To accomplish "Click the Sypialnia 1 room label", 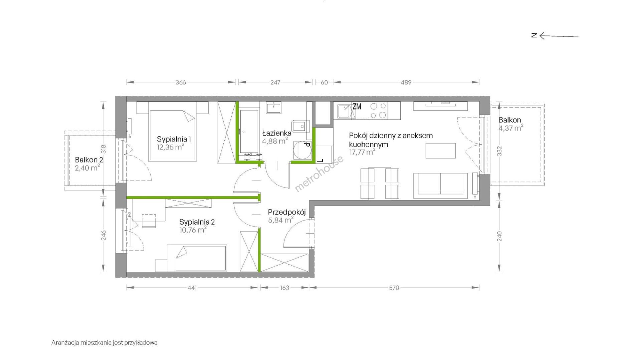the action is click(174, 139).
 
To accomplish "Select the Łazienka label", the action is click(276, 133).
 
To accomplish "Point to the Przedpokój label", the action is click(287, 212).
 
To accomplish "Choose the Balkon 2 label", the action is click(89, 160).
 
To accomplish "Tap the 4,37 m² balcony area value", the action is click(511, 128).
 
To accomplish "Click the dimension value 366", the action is click(181, 82).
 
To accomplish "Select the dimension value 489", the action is click(406, 82).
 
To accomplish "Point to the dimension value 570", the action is click(394, 288).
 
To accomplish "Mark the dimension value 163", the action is click(284, 288).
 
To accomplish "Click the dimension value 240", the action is click(499, 237).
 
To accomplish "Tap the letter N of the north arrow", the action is click(534, 35).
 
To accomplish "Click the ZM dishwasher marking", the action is click(357, 107).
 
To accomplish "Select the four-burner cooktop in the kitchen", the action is click(378, 110).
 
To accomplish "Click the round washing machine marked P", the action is click(302, 150).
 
